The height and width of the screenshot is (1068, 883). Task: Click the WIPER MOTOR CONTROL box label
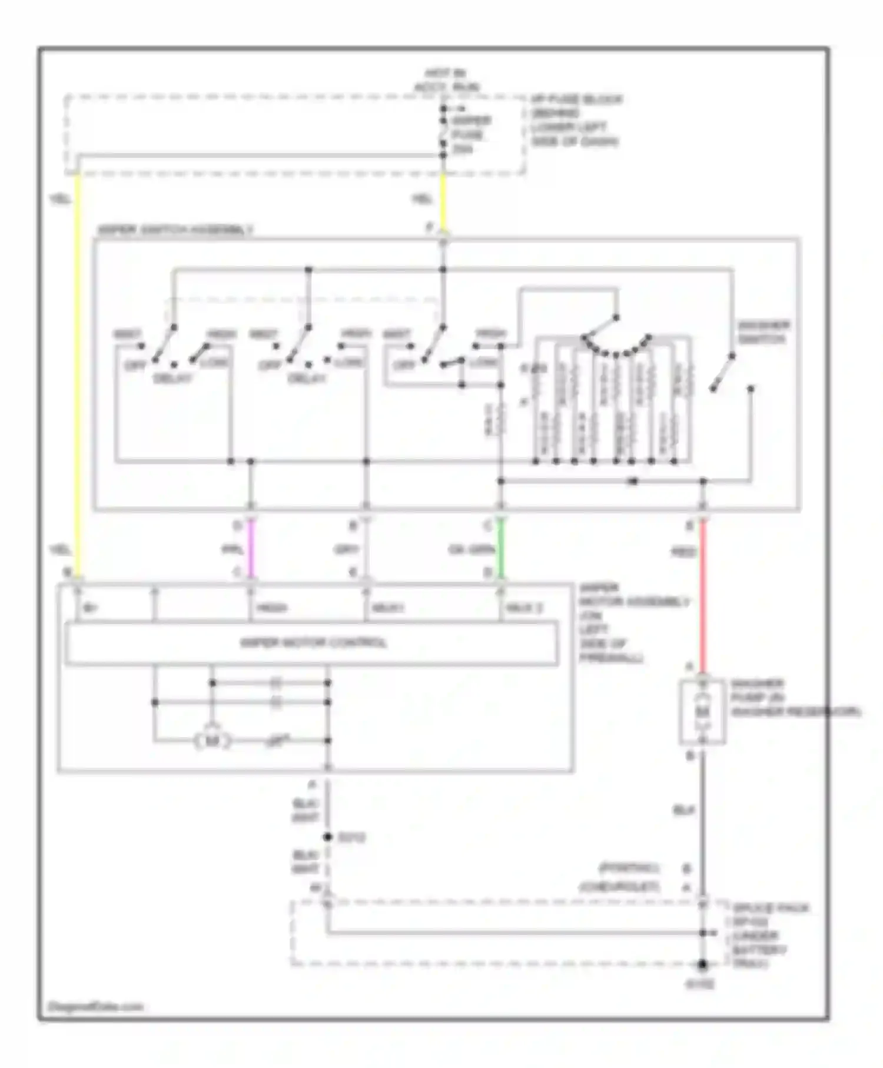tap(313, 642)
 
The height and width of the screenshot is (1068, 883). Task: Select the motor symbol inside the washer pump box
tap(702, 712)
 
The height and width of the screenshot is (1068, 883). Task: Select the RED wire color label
tap(683, 552)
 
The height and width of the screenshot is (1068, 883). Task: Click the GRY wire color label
tap(346, 550)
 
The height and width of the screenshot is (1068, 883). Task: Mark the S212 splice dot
tap(328, 837)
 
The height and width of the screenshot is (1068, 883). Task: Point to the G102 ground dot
tap(702, 965)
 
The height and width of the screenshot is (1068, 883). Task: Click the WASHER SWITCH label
tap(764, 333)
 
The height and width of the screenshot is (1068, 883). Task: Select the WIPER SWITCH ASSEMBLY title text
tap(175, 230)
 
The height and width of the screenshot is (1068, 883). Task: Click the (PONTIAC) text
tap(629, 868)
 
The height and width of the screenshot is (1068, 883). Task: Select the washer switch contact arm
tap(722, 372)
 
